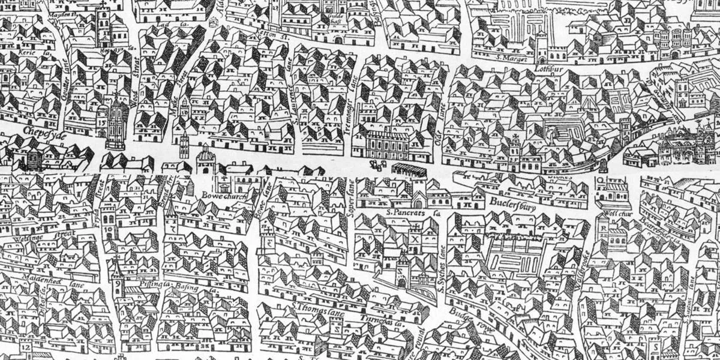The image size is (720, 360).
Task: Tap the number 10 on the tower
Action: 109,229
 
